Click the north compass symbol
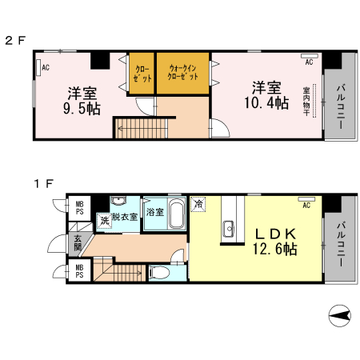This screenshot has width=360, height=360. (x=339, y=316)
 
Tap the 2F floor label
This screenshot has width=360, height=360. (x=15, y=41)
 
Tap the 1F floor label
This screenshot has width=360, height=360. (x=44, y=184)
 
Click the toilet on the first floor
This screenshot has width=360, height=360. (x=159, y=273)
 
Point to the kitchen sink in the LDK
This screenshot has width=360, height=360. (x=229, y=229)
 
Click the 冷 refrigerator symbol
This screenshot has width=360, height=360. (x=198, y=204)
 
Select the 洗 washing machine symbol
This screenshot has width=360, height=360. (x=104, y=221)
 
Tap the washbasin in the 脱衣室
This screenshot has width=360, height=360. (x=119, y=201)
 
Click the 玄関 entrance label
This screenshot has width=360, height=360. (x=78, y=242)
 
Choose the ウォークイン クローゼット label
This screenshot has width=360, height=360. (x=182, y=72)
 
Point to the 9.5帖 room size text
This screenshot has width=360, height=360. (x=82, y=109)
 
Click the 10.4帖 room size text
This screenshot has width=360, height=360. (x=266, y=103)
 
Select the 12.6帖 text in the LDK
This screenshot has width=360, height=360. (x=275, y=249)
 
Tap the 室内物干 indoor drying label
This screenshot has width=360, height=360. (x=306, y=102)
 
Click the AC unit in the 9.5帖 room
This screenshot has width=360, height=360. (x=38, y=68)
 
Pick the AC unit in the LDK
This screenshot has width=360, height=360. (x=306, y=199)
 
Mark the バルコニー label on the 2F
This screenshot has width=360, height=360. (x=341, y=107)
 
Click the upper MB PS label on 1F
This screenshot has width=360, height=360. (x=79, y=208)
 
